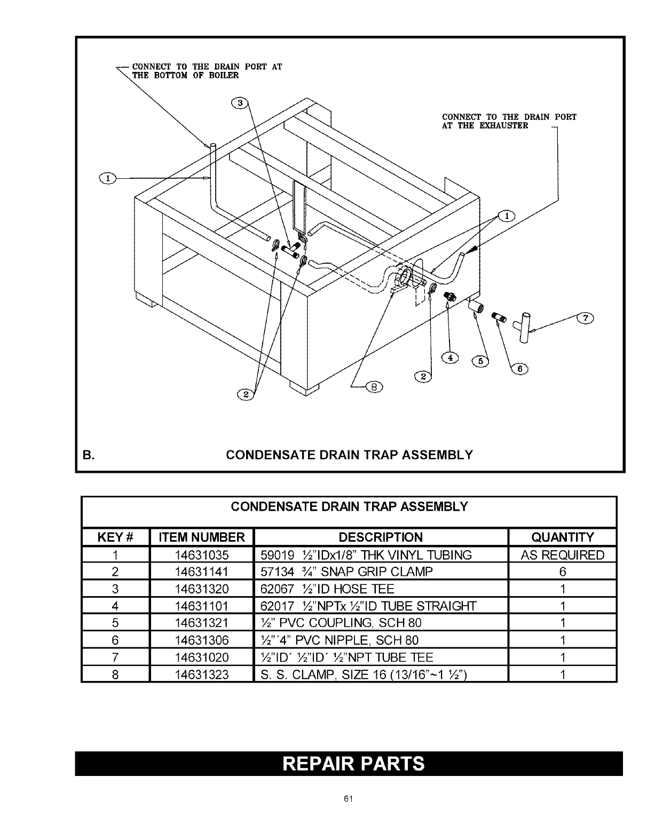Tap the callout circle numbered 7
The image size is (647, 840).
586,319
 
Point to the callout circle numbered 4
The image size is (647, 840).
452,358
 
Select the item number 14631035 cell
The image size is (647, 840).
202,555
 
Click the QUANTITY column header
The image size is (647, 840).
563,537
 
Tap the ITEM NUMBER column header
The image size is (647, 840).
202,537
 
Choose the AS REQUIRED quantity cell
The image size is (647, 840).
563,555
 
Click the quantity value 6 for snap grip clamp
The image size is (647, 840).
563,572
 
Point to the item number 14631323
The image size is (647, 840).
202,675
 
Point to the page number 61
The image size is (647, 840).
349,798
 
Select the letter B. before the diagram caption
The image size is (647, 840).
88,455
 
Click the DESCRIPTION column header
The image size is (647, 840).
381,537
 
